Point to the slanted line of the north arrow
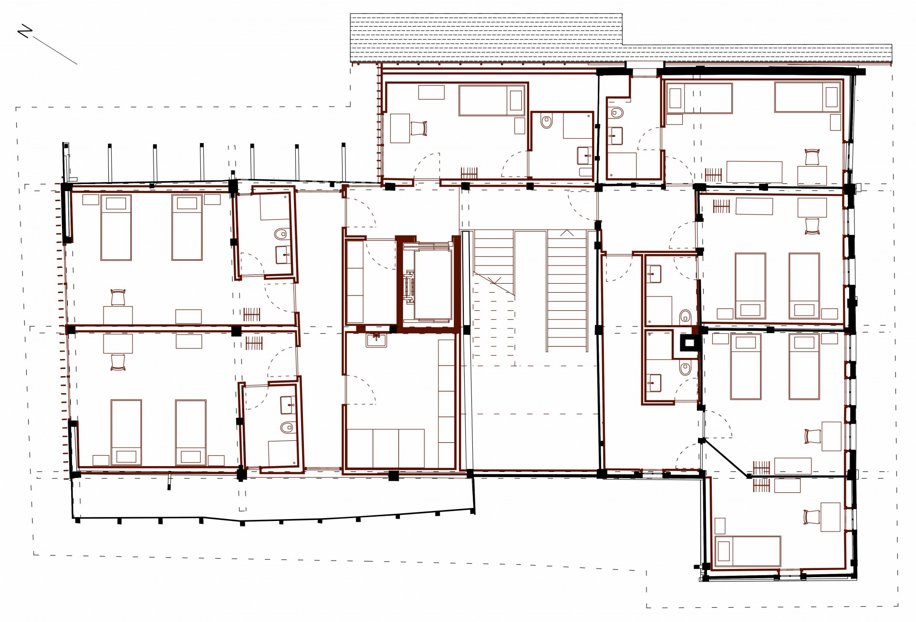(55, 51)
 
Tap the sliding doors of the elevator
(408, 286)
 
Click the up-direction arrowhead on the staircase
(567, 233)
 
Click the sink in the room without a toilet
(376, 340)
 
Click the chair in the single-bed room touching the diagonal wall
(811, 517)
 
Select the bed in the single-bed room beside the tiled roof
(491, 100)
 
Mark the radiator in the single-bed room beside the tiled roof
(469, 173)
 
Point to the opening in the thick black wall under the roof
(644, 71)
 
